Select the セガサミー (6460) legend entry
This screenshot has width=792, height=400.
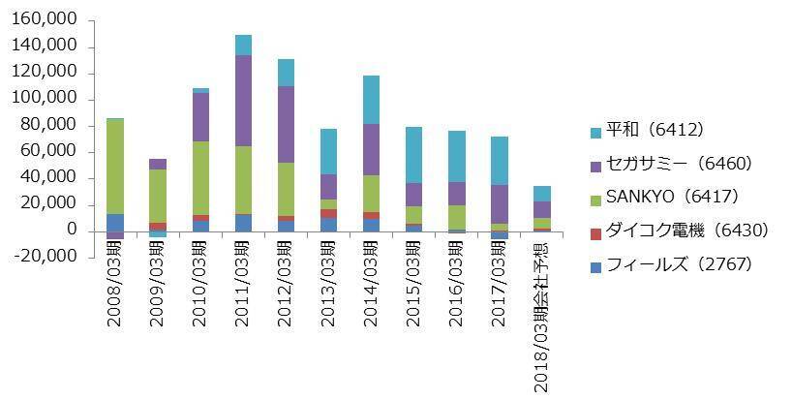(x=667, y=164)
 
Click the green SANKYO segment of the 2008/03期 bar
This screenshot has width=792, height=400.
(x=115, y=165)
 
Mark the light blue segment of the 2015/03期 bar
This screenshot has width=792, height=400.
(x=413, y=154)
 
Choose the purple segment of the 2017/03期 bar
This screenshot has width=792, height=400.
(x=499, y=203)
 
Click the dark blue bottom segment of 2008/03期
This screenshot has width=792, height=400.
(x=115, y=222)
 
